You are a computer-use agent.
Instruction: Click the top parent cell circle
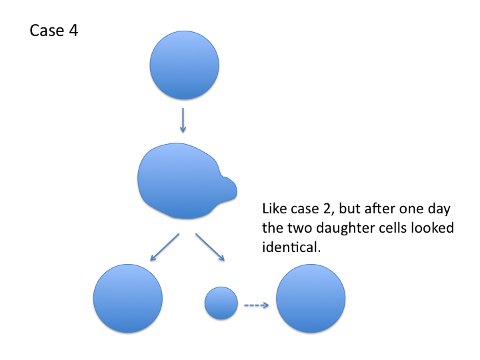185,66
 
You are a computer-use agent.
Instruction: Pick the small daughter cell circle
221,304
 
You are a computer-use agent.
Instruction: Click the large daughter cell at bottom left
127,297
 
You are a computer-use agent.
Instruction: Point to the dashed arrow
256,305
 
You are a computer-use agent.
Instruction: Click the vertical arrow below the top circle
183,120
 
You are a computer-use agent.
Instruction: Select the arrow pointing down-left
164,247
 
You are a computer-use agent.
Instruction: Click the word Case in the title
46,31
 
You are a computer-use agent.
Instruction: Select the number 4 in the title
73,31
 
